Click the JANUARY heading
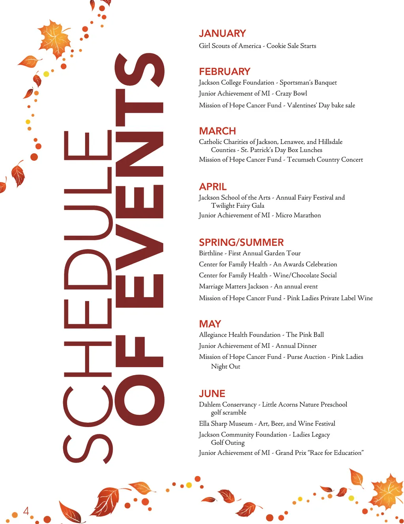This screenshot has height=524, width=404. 222,33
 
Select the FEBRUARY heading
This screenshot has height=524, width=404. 224,72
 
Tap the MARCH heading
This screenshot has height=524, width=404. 217,131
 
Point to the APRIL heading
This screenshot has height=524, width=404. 213,187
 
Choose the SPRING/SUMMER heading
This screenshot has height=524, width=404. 241,242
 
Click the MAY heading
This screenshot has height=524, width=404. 210,324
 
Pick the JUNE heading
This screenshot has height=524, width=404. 212,394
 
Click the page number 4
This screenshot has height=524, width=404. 26,511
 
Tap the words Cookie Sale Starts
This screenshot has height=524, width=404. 291,46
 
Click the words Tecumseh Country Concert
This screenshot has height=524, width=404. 325,160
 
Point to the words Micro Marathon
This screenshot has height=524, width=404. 298,216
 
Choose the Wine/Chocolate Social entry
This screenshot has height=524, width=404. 305,275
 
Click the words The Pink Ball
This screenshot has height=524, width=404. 305,335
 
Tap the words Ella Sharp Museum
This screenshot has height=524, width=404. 226,424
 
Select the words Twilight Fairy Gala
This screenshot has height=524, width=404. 238,206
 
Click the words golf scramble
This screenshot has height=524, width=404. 228,413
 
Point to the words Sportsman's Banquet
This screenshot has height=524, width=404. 308,83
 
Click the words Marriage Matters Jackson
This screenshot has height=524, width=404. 234,287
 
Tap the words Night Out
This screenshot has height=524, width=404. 225,366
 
